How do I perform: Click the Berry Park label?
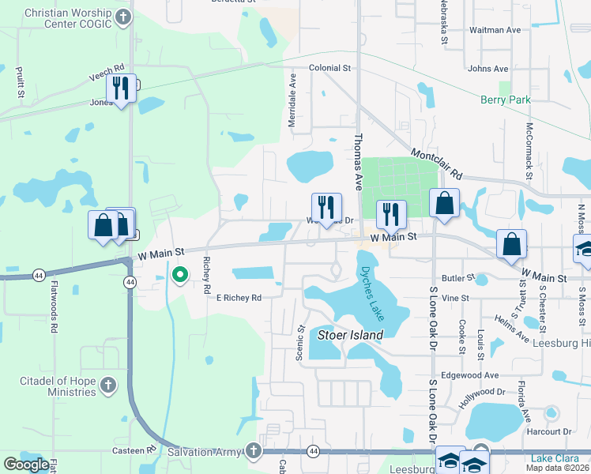[x=506, y=100]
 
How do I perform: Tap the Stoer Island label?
[x=350, y=335]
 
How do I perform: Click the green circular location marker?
[x=180, y=275]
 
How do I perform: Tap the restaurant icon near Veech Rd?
[x=121, y=88]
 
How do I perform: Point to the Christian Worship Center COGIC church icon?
[x=122, y=16]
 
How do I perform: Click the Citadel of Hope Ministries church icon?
[x=107, y=386]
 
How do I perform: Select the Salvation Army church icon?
[x=253, y=451]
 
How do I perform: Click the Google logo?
[x=26, y=465]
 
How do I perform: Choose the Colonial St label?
[x=329, y=69]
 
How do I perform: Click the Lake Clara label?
[x=555, y=459]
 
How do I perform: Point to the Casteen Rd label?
[x=140, y=450]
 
